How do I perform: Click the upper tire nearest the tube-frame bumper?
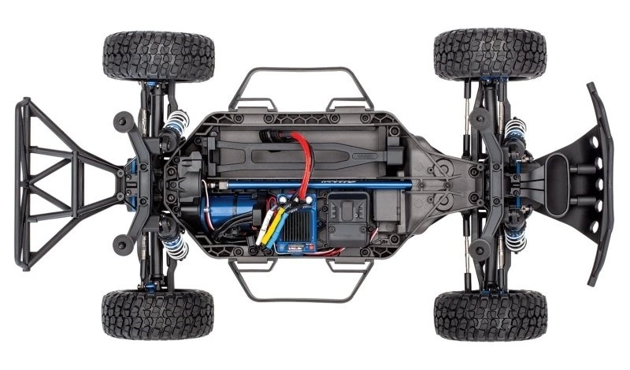point(158,55)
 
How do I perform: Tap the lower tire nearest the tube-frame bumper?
point(158,313)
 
